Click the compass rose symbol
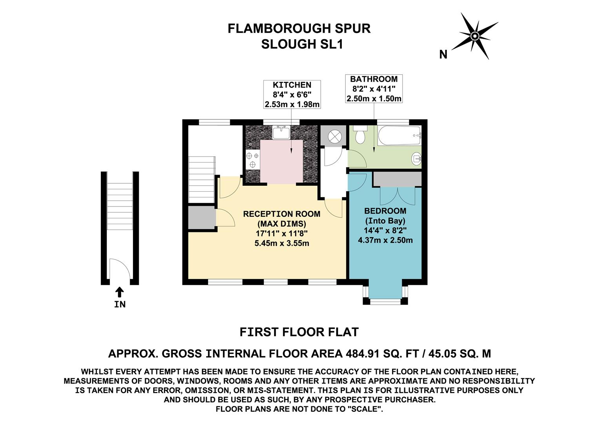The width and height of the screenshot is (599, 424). [475, 36]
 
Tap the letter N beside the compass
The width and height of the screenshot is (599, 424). [443, 55]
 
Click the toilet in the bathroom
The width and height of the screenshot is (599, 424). [359, 135]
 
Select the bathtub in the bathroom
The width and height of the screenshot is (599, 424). [399, 136]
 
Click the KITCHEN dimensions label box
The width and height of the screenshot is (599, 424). [292, 95]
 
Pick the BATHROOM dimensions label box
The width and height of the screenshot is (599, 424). [374, 89]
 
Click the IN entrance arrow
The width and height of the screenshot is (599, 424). [120, 292]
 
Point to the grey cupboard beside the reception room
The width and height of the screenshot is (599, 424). [201, 217]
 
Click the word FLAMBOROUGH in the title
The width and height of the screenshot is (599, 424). [274, 29]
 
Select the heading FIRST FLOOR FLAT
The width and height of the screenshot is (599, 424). [299, 332]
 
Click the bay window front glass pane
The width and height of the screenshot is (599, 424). [385, 301]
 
